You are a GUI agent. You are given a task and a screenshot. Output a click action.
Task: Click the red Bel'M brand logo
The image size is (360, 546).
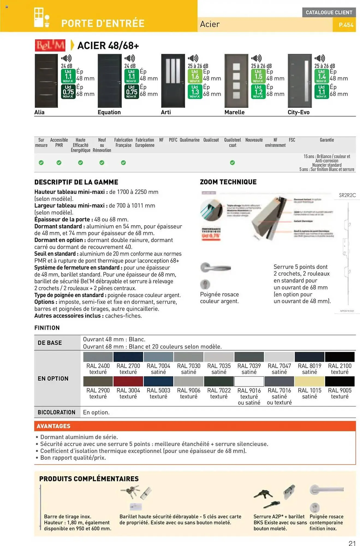tap(50, 45)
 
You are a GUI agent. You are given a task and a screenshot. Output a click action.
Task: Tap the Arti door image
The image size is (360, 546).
tap(173, 81)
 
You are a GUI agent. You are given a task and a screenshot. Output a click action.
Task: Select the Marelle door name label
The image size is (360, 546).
tap(234, 112)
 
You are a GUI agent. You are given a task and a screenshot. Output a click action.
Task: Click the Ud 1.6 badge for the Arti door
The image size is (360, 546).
tap(195, 76)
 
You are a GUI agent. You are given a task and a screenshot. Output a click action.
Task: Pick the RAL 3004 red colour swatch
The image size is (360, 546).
tap(128, 381)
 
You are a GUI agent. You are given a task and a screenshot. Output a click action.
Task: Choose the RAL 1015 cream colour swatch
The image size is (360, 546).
tap(310, 381)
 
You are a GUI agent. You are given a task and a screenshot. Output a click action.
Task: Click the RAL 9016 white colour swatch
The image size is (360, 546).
tap(249, 381)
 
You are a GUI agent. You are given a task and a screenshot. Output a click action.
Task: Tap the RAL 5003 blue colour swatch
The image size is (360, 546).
tap(158, 381)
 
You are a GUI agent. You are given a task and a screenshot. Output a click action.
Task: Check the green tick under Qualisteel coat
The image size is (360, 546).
tap(232, 163)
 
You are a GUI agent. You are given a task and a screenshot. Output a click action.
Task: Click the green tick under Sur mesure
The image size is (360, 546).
tap(41, 163)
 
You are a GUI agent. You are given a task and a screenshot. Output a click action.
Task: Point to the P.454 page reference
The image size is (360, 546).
tap(346, 25)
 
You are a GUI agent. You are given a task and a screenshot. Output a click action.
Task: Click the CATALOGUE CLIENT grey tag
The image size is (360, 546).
tap(329, 12)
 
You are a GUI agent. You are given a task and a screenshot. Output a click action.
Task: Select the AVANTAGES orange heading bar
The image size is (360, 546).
tap(195, 426)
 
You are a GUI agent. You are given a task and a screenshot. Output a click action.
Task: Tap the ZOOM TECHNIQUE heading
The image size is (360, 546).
tap(228, 182)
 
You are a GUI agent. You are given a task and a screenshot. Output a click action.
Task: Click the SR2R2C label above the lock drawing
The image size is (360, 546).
tap(347, 195)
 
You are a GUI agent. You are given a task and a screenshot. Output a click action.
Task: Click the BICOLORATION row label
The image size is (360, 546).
tap(56, 412)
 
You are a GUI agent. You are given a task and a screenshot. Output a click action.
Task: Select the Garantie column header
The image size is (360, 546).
tap(327, 140)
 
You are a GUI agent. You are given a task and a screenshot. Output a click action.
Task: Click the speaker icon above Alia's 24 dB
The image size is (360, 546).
tap(66, 58)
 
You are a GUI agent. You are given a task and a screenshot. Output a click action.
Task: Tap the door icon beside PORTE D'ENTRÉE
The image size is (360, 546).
tap(41, 18)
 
